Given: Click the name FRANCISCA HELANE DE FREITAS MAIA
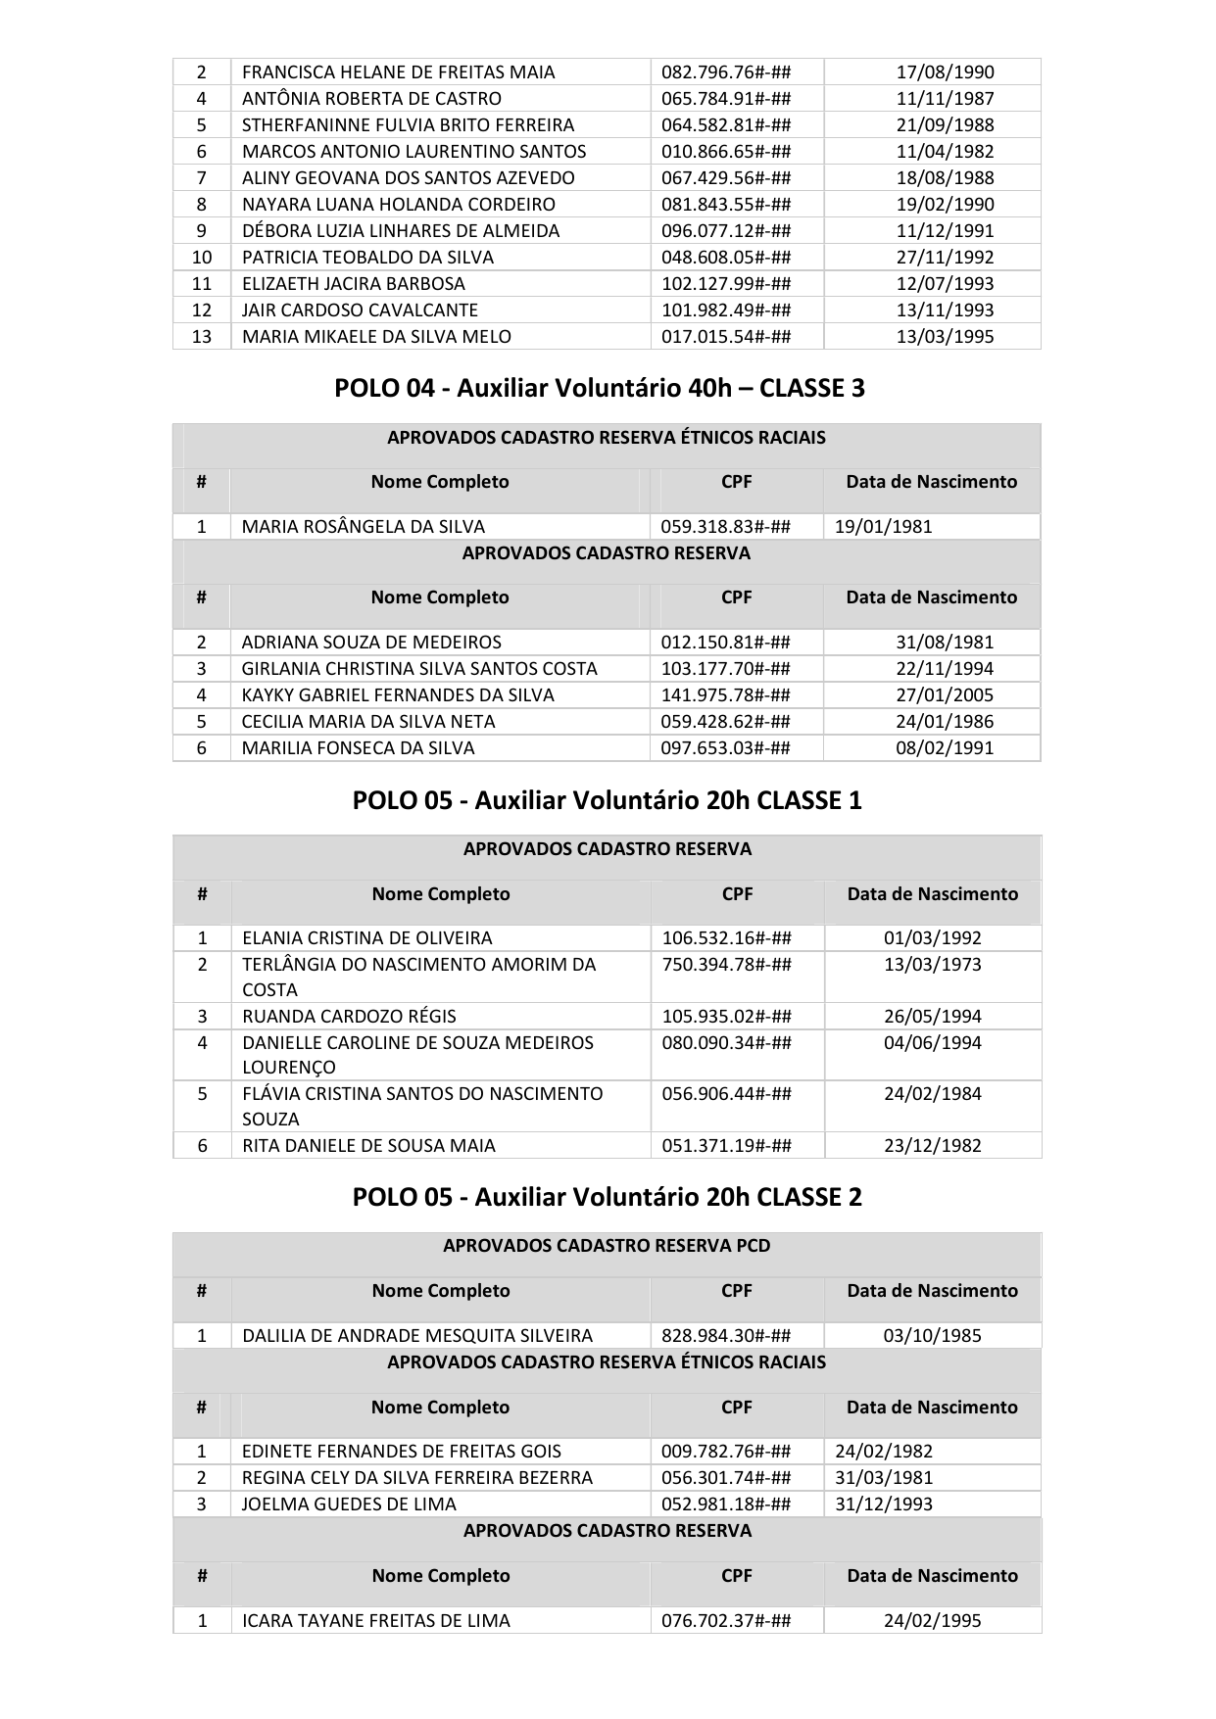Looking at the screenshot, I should click(x=398, y=72).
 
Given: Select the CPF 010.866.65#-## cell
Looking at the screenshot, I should click(x=726, y=151).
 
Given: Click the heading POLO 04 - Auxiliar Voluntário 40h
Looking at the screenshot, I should click(x=599, y=388).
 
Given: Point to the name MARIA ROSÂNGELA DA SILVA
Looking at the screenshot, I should click(x=363, y=526).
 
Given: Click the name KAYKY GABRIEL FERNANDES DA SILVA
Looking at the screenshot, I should click(x=398, y=694).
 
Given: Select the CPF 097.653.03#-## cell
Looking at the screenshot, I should click(x=726, y=747).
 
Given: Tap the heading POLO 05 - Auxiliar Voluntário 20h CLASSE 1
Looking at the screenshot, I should click(x=607, y=800).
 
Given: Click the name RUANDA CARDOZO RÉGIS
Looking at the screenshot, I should click(x=349, y=1016).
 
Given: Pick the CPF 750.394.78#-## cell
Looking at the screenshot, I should click(x=727, y=964).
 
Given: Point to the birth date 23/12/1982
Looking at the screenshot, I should click(x=933, y=1145).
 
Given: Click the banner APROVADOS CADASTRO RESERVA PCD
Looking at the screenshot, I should click(x=607, y=1246).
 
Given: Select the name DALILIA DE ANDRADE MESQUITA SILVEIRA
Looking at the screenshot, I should click(x=417, y=1335).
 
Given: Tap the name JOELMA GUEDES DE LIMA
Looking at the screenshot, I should click(x=349, y=1504).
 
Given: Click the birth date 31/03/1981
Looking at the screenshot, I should click(x=884, y=1477).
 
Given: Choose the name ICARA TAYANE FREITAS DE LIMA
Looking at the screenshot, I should click(x=376, y=1620).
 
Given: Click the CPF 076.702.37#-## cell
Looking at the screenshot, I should click(x=727, y=1620).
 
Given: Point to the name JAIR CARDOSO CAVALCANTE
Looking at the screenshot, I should click(x=360, y=310).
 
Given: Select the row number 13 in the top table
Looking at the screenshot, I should click(x=202, y=336).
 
